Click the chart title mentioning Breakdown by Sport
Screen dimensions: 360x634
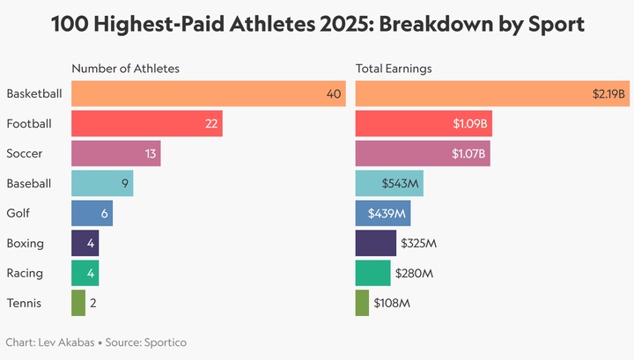click(317, 24)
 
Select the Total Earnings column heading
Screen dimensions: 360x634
click(394, 69)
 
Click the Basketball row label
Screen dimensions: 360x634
click(34, 93)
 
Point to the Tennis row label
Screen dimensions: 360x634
click(23, 303)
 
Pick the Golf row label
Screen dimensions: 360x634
click(18, 213)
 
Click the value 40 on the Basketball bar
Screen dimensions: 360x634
click(334, 93)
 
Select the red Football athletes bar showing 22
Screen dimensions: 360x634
click(146, 123)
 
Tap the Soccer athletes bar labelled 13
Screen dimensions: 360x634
click(115, 153)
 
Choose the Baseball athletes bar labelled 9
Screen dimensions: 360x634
click(102, 183)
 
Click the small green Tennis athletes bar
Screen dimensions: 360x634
click(78, 303)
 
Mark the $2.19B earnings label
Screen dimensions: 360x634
click(608, 93)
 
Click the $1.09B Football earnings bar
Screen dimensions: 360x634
click(424, 123)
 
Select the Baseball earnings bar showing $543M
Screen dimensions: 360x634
click(389, 183)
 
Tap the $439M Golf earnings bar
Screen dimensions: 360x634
click(383, 213)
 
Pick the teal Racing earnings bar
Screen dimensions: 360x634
click(372, 273)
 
